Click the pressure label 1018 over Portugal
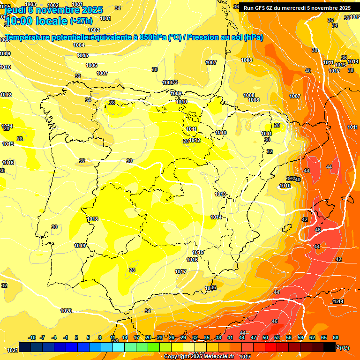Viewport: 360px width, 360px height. tap(92, 219)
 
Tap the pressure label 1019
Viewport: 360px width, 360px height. tap(80, 246)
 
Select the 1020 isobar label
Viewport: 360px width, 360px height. tap(66, 311)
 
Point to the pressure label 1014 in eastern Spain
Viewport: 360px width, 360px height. tap(216, 217)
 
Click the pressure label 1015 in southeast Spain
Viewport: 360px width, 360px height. tap(198, 252)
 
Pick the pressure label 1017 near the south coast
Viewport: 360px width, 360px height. tap(180, 271)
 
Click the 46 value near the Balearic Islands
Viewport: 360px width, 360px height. tap(318, 230)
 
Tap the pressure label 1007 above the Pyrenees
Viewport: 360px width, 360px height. tap(211, 62)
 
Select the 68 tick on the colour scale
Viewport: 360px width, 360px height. tap(336, 337)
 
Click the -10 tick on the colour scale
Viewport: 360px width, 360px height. tap(32, 337)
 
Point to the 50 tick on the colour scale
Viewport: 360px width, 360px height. tap(265, 337)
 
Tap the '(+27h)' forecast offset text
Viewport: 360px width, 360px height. tap(81, 21)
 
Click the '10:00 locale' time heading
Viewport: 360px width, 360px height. tap(37, 21)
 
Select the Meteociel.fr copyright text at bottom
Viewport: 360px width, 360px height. tap(199, 356)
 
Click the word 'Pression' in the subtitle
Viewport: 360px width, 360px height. tap(202, 37)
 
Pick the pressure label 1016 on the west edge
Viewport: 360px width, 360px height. tap(8, 163)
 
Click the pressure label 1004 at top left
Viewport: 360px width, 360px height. tap(79, 45)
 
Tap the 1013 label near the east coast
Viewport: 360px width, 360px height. tap(220, 194)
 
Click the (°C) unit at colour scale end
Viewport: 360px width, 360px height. tap(344, 347)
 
